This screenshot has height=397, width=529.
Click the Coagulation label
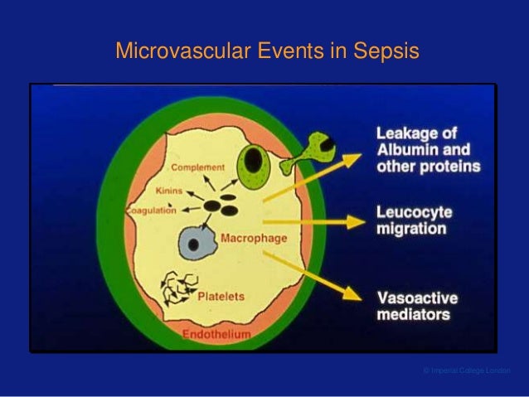point(151,211)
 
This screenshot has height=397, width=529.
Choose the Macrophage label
point(254,239)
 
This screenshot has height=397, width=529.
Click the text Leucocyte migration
point(415,220)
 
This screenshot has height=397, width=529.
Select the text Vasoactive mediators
point(417,306)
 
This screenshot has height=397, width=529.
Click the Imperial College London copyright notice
point(466,370)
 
